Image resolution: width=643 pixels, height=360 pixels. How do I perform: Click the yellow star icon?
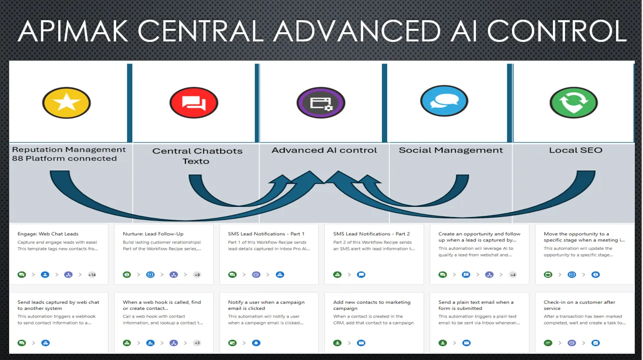(x=66, y=102)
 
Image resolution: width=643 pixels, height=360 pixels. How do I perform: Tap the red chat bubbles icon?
(x=194, y=103)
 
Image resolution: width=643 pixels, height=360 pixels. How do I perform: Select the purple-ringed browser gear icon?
(x=321, y=103)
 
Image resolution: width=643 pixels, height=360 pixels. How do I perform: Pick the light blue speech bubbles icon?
(x=444, y=102)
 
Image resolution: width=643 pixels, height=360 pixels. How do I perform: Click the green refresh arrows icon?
(x=574, y=102)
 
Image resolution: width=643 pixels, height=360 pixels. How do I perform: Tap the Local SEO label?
(x=576, y=150)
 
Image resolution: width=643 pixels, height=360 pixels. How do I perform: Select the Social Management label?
(x=450, y=150)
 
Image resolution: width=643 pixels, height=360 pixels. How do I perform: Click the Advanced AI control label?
(x=324, y=150)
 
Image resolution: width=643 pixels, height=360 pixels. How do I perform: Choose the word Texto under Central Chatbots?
(x=196, y=161)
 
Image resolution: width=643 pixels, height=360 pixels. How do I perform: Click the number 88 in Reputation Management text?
(x=17, y=158)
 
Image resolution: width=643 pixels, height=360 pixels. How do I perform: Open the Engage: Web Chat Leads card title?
(x=48, y=234)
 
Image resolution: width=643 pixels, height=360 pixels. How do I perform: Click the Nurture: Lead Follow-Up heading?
(x=153, y=234)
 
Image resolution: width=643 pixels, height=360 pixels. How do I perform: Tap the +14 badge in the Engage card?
(x=92, y=275)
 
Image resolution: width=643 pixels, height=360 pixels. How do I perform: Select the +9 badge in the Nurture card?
(x=197, y=275)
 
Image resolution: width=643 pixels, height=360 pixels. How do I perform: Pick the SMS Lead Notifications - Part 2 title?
(x=371, y=234)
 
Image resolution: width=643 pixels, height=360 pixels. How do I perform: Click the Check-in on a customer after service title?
(x=573, y=305)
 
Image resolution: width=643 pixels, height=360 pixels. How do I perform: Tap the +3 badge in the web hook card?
(x=197, y=343)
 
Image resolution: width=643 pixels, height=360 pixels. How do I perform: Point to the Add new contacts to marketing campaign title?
(x=371, y=305)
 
